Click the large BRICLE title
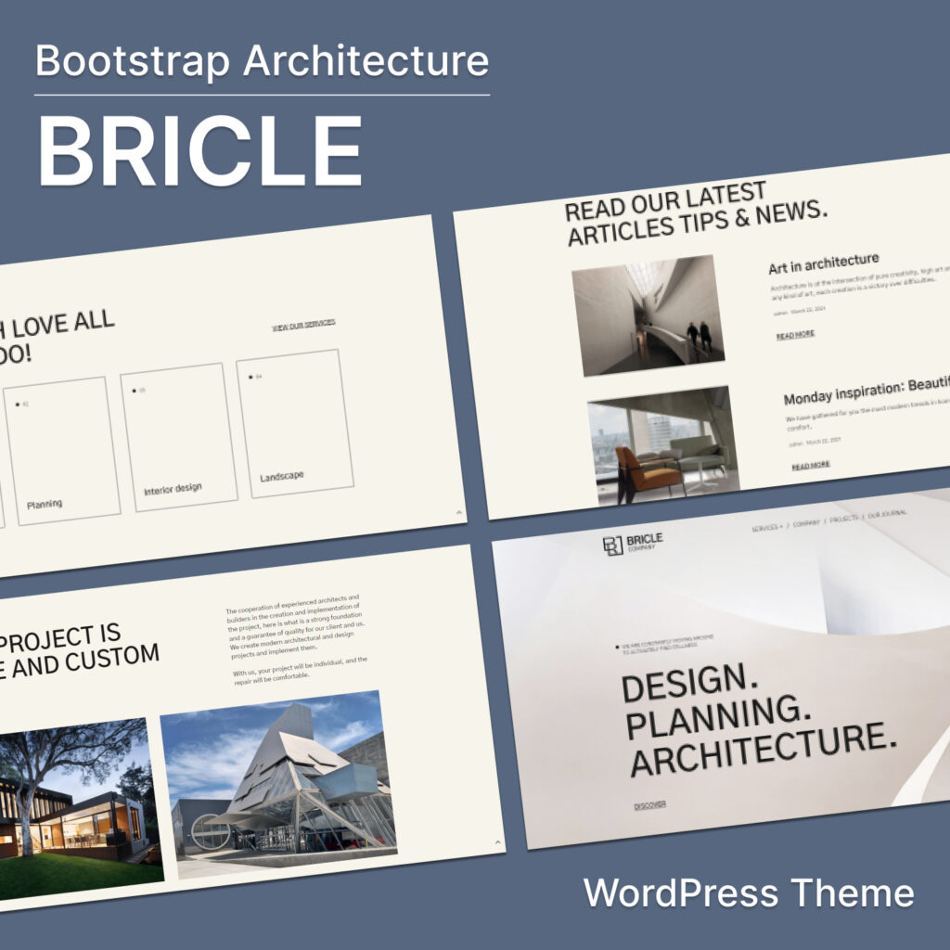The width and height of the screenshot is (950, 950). [199, 151]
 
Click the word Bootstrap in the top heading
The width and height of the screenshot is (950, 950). [134, 61]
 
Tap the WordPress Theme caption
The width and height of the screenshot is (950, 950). [748, 893]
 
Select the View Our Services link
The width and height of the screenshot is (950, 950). [303, 325]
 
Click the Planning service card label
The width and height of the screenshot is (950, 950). [45, 504]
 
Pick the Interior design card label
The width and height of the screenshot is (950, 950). [173, 488]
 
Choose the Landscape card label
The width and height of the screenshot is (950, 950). [281, 476]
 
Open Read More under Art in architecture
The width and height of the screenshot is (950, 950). [795, 334]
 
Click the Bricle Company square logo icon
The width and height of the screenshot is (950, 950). [612, 546]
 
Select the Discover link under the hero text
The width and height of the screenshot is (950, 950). [649, 804]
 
